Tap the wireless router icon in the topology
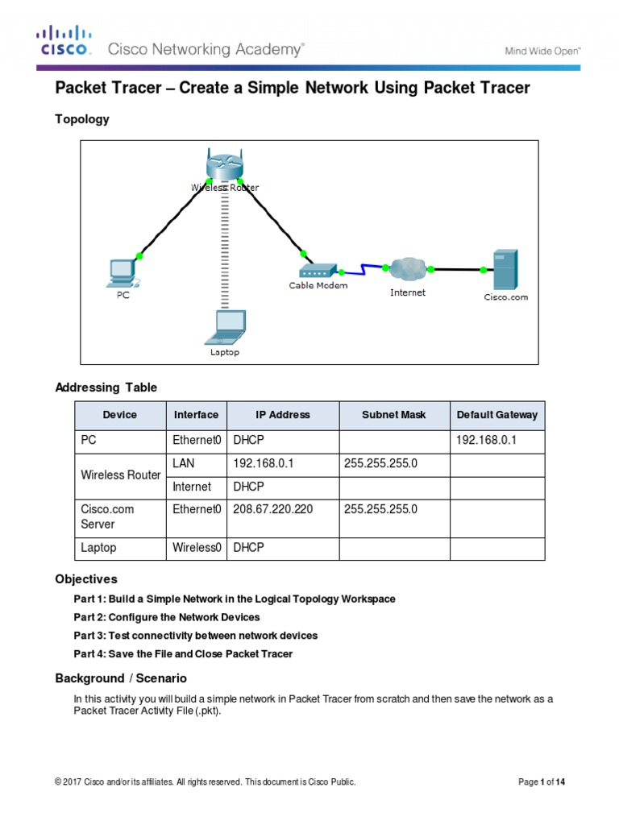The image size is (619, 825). tap(222, 166)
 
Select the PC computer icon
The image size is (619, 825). tap(123, 272)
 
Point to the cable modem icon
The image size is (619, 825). tap(318, 272)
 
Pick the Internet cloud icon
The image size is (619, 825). tap(406, 269)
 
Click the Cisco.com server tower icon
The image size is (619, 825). tap(505, 269)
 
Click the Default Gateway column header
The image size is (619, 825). tap(496, 415)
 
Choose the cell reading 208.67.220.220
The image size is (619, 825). tap(272, 509)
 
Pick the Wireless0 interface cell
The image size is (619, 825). tap(197, 548)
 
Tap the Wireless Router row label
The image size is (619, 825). tap(121, 475)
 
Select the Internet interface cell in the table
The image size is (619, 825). tap(192, 487)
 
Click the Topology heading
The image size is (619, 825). tap(81, 119)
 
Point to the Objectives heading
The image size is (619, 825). tap(86, 579)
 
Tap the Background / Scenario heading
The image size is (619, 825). tap(121, 678)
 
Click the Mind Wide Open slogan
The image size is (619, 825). tap(542, 51)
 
